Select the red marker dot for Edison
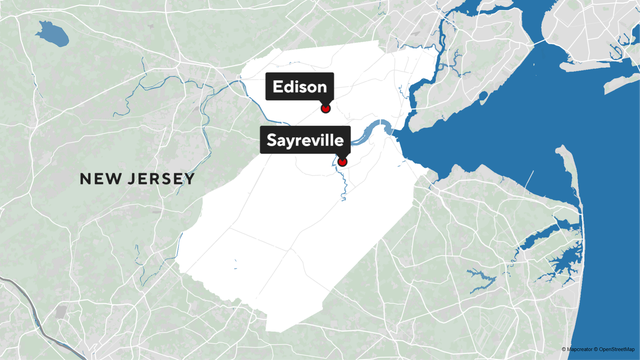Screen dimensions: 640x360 [x=325, y=108]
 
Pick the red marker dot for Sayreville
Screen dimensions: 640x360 [x=342, y=162]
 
